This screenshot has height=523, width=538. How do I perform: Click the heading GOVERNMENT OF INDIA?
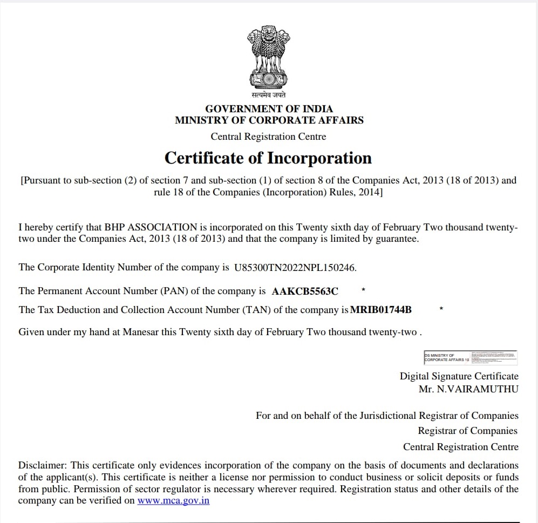pyautogui.click(x=269, y=108)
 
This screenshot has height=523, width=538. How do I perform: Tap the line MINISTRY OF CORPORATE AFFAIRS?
pyautogui.click(x=269, y=120)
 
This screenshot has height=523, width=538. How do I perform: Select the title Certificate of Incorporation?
pyautogui.click(x=268, y=158)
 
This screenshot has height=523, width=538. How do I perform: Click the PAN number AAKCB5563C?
pyautogui.click(x=305, y=291)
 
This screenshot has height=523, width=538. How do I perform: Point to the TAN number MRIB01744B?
pyautogui.click(x=381, y=310)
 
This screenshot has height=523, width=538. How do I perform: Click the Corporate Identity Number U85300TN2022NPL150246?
pyautogui.click(x=295, y=267)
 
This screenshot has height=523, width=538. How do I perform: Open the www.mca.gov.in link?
pyautogui.click(x=173, y=500)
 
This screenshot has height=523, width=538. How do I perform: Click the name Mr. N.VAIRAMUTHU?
pyautogui.click(x=468, y=389)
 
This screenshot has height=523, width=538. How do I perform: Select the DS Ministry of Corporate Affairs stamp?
pyautogui.click(x=470, y=356)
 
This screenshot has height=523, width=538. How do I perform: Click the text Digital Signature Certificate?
pyautogui.click(x=459, y=376)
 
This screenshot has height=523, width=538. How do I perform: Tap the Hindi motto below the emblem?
pyautogui.click(x=268, y=96)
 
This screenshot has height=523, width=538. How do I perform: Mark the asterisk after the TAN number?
pyautogui.click(x=441, y=309)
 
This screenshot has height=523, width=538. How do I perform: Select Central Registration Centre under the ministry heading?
pyautogui.click(x=268, y=137)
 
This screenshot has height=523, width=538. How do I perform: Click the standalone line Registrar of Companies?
pyautogui.click(x=467, y=431)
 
